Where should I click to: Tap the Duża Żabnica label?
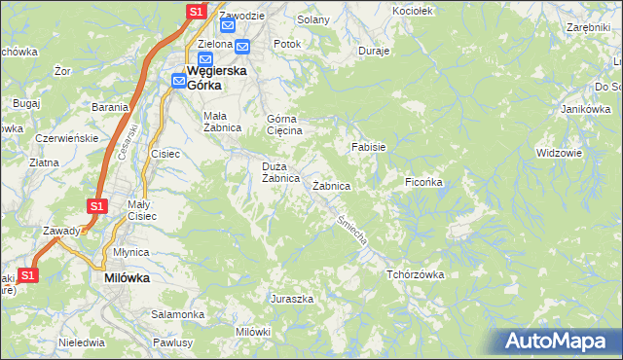pos(279,172)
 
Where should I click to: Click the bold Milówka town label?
pos(127,277)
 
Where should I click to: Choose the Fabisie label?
pos(369,147)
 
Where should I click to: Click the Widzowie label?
pos(559,153)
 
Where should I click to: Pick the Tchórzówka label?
pos(415,274)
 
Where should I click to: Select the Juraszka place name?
pos(292,299)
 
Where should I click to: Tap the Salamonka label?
pos(177,314)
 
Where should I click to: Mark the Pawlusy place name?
pos(174,342)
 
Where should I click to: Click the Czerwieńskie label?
pos(66,138)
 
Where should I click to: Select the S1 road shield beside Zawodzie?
pos(196,12)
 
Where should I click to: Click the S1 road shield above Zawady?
pos(96,206)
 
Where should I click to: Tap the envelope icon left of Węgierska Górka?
pos(180,81)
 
